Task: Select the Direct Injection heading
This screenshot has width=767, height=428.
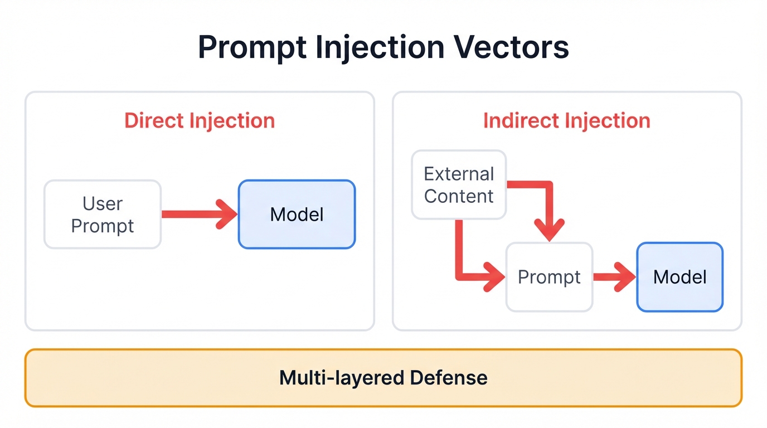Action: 200,121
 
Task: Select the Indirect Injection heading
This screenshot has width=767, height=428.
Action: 566,121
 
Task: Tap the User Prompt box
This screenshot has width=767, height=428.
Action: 103,215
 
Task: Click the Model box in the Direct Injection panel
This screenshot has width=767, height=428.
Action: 297,215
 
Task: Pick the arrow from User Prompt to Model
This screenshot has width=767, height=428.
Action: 198,214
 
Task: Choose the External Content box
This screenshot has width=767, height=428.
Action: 459,185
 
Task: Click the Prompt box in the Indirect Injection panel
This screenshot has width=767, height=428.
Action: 549,277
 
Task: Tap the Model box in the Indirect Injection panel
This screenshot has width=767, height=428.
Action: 679,277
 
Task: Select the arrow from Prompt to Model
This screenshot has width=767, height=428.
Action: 613,277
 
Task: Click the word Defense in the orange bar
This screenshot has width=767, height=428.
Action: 449,378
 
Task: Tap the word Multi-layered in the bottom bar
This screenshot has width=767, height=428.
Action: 341,378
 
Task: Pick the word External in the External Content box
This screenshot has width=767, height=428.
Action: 459,174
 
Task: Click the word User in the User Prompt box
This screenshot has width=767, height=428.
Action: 103,203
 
